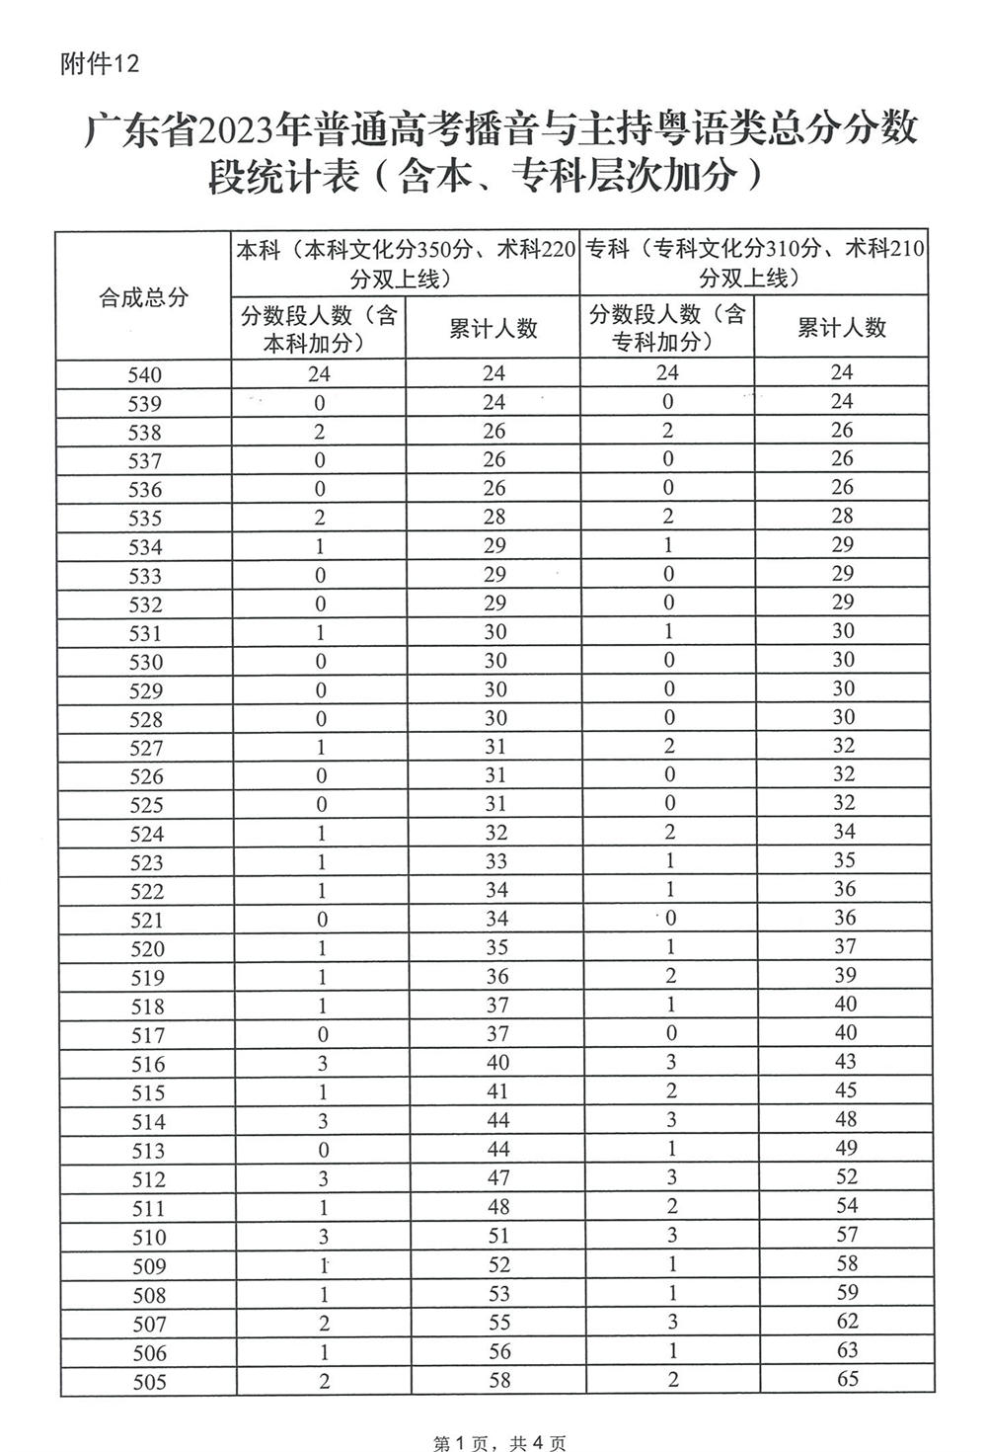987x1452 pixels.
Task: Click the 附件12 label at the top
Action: pos(100,64)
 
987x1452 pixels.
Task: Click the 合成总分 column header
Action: pos(143,297)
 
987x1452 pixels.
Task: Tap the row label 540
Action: pos(144,374)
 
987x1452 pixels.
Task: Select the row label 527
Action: pos(145,748)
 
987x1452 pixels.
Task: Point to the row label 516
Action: pos(146,1064)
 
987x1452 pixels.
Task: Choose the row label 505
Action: pos(149,1381)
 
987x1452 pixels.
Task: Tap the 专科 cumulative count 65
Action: pos(847,1378)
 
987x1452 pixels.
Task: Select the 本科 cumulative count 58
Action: pos(499,1380)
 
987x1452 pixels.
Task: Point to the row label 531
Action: pos(145,633)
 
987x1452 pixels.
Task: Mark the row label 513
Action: pos(147,1151)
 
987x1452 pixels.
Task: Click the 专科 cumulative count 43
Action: pos(845,1062)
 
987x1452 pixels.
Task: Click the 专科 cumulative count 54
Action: pos(846,1205)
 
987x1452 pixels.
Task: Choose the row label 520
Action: pos(146,948)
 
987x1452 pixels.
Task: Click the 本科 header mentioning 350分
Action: pos(406,264)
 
